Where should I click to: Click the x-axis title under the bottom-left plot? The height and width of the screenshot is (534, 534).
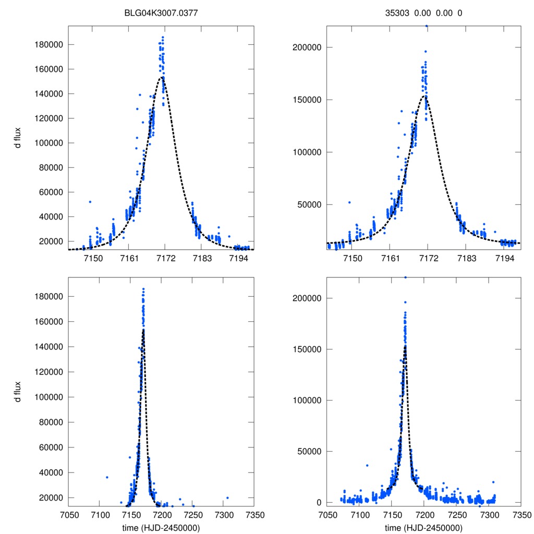[x=161, y=527]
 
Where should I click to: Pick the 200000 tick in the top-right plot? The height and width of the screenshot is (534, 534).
[x=306, y=47]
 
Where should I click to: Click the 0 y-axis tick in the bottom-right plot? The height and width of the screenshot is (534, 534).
[x=318, y=502]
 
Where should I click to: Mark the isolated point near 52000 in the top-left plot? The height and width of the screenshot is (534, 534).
[x=90, y=202]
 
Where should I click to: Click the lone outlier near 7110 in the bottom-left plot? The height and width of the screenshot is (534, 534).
[x=107, y=477]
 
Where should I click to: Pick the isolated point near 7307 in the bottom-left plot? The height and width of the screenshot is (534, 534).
[x=227, y=497]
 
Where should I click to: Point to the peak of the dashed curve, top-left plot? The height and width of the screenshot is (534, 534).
[x=163, y=77]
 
